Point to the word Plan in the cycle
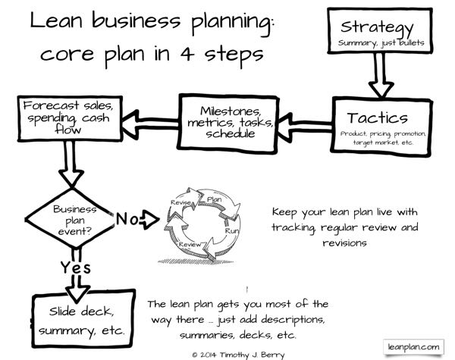pyautogui.click(x=214, y=200)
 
